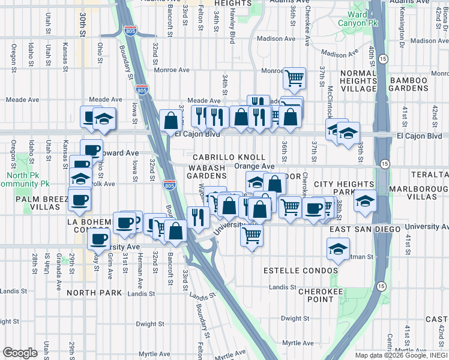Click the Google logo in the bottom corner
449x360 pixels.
pyautogui.click(x=20, y=353)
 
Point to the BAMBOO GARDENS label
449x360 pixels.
pyautogui.click(x=416, y=83)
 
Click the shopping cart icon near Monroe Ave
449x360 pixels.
pyautogui.click(x=294, y=77)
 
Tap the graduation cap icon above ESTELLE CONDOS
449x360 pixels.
pyautogui.click(x=338, y=248)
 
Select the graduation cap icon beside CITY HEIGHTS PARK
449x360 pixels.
pyautogui.click(x=364, y=200)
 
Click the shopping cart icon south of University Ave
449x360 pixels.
pyautogui.click(x=252, y=235)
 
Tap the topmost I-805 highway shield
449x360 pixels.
pyautogui.click(x=130, y=30)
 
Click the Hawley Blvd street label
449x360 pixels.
pyautogui.click(x=232, y=30)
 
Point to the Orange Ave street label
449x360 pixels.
pyautogui.click(x=254, y=166)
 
